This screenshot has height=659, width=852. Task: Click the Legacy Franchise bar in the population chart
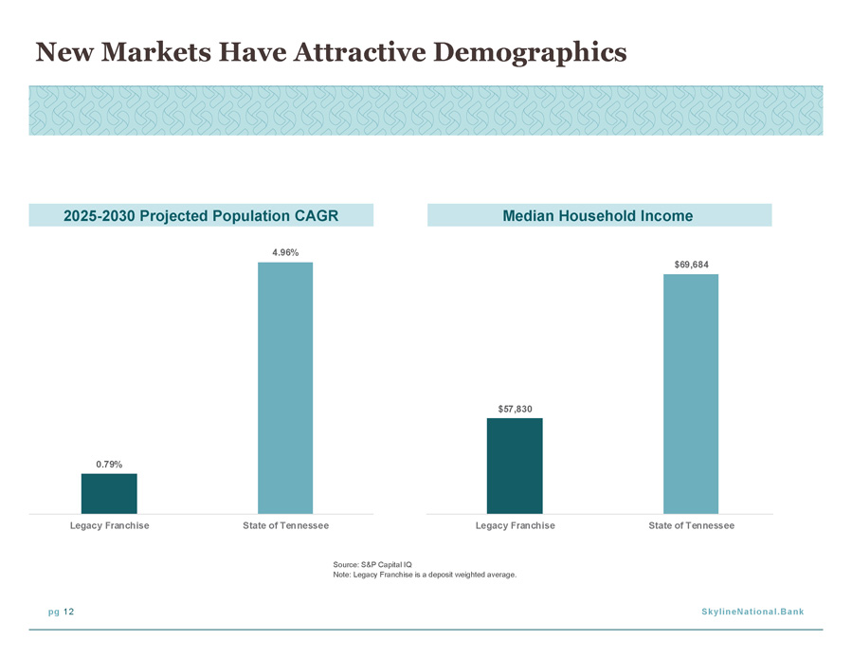(x=109, y=494)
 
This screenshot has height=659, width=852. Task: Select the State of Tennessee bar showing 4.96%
(x=285, y=388)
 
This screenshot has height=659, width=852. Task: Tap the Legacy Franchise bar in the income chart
(x=515, y=466)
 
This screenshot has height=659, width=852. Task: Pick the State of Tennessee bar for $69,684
(x=691, y=394)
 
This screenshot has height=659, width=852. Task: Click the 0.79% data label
(x=109, y=465)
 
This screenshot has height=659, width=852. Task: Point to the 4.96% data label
(x=285, y=252)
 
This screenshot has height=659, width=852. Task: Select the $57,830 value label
(x=516, y=409)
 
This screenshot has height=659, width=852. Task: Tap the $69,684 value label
(x=691, y=265)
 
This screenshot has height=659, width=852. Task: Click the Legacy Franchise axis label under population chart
(x=109, y=526)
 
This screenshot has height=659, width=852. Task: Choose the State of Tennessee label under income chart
(x=691, y=526)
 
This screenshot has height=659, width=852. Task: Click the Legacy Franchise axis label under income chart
(x=516, y=526)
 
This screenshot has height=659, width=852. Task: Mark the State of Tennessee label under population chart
(x=285, y=526)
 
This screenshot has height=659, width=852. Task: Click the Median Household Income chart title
(x=598, y=216)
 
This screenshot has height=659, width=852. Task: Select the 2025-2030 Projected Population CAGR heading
(x=201, y=216)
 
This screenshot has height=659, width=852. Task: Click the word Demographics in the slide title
(x=530, y=53)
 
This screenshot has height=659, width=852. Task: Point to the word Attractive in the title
(x=360, y=52)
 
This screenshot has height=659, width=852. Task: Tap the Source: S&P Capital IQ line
(x=372, y=564)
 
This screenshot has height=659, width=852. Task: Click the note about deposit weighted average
(x=425, y=575)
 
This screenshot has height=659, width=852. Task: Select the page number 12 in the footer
(x=68, y=612)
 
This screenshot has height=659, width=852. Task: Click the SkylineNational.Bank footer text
(x=752, y=612)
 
